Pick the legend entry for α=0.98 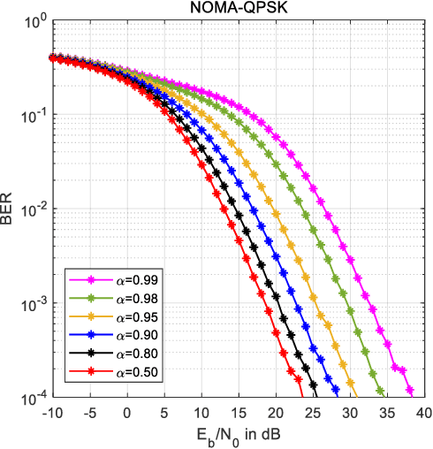(x=108, y=299)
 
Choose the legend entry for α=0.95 (x=108, y=316)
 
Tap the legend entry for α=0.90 (x=108, y=334)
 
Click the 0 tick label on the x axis (x=127, y=412)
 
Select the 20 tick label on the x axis (x=276, y=412)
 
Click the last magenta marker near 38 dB (x=410, y=388)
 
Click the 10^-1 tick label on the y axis (x=33, y=116)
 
